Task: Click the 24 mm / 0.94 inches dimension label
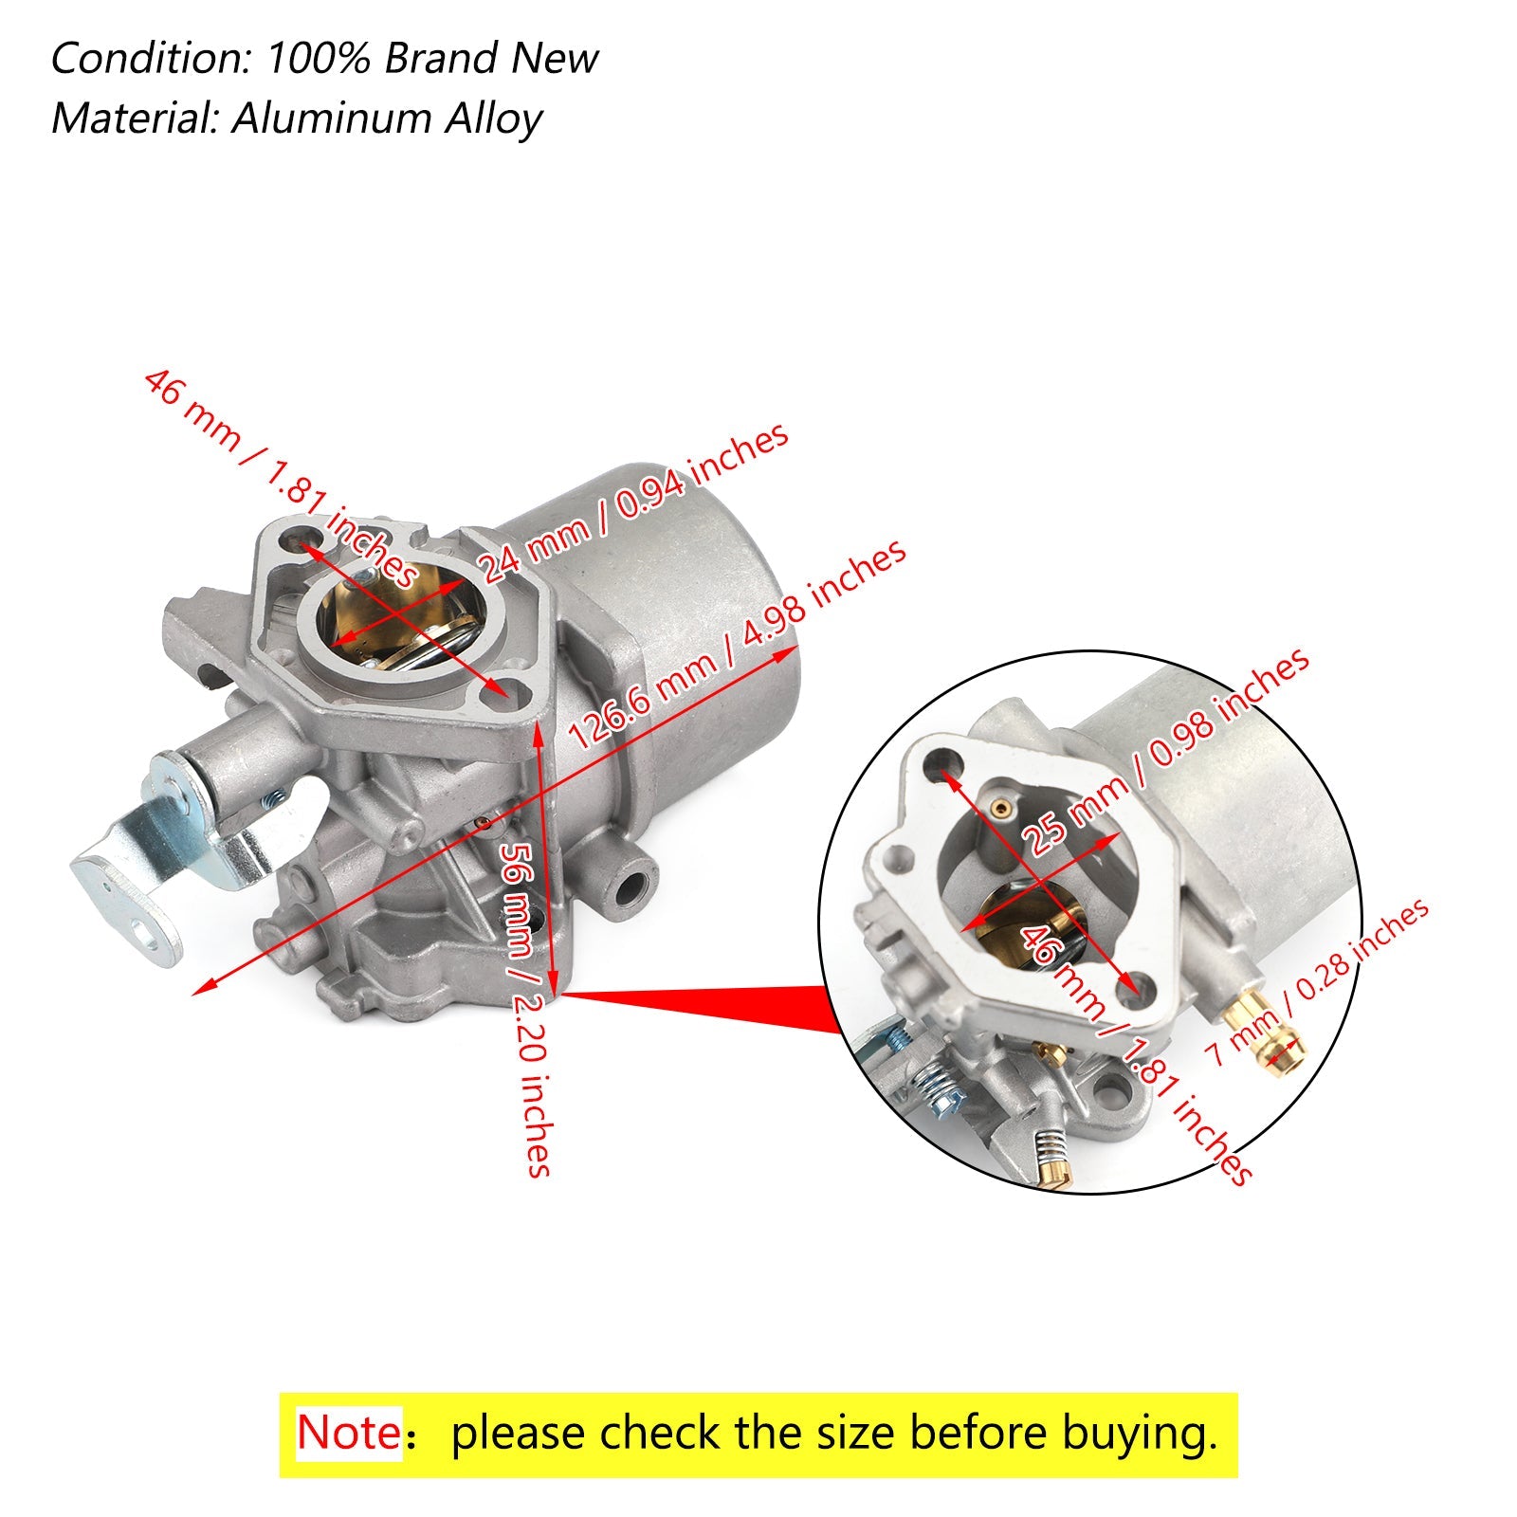(631, 503)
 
